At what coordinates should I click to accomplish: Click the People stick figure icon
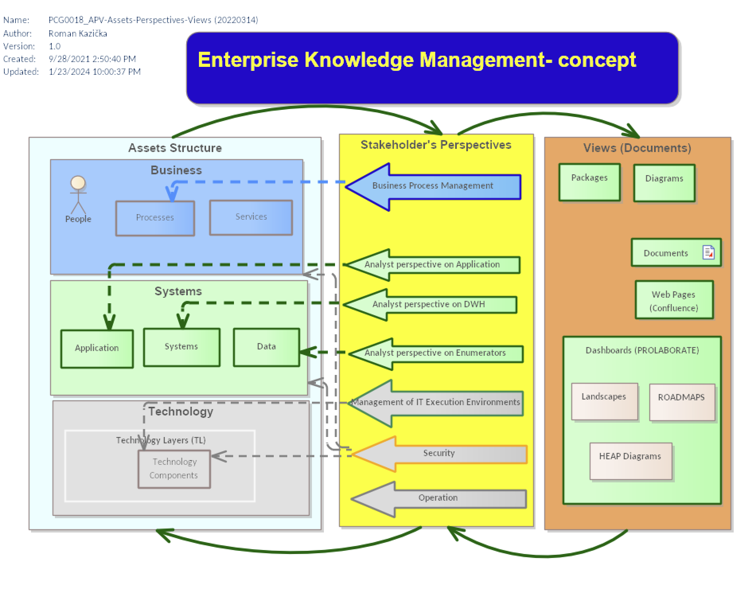78,195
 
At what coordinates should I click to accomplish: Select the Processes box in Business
155,218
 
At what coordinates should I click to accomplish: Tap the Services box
251,217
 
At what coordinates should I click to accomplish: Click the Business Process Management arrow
433,187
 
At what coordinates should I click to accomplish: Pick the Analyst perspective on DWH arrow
430,305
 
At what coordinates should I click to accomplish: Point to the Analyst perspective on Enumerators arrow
436,354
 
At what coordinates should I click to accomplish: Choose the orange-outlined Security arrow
439,454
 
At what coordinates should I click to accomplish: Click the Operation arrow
438,499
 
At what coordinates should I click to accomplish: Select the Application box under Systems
97,349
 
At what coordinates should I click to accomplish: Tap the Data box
267,347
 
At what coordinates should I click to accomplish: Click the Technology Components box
174,469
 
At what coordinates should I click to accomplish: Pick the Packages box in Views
590,182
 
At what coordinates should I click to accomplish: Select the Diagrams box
664,183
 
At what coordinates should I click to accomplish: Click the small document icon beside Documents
709,252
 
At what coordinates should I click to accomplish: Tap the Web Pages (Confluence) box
674,300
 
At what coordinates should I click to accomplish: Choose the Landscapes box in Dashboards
605,401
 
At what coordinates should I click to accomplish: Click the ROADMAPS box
682,402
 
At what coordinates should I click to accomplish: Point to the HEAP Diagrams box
631,461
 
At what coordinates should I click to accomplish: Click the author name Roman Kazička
78,33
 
